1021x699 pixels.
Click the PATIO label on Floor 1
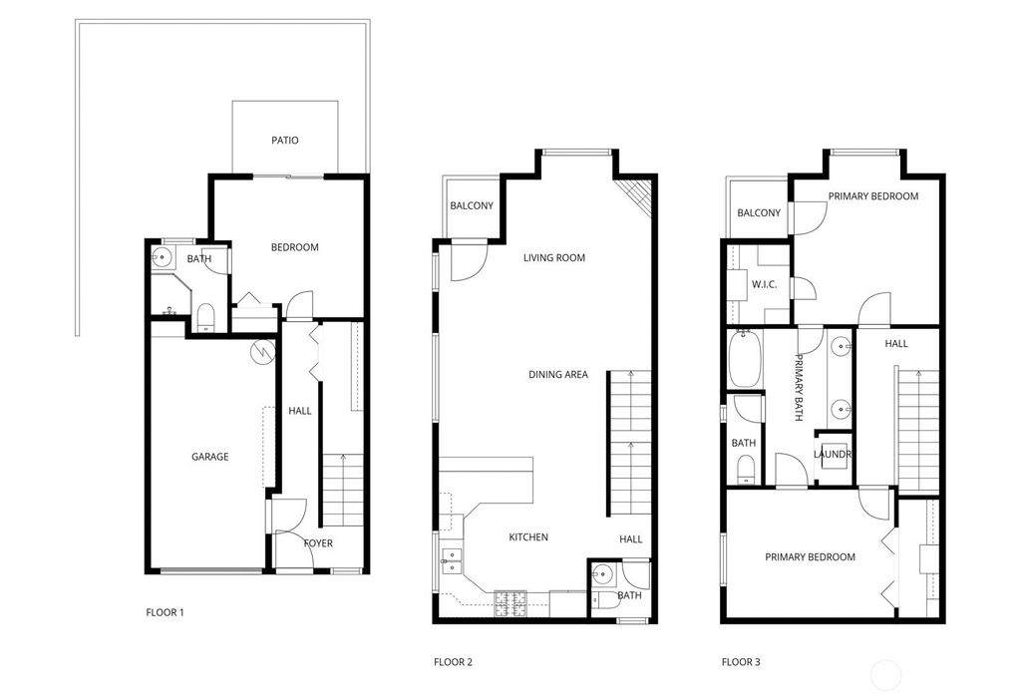click(x=284, y=140)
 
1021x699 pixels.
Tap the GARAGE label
click(x=209, y=457)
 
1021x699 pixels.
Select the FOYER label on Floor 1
click(x=318, y=543)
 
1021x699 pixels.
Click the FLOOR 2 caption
click(x=454, y=662)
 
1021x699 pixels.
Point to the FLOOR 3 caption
click(x=741, y=662)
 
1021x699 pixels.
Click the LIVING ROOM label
click(x=554, y=257)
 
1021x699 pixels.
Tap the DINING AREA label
click(x=558, y=375)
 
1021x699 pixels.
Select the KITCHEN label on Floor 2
click(x=528, y=536)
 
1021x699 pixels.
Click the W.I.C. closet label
click(x=764, y=284)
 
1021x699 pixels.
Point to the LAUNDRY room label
click(x=833, y=454)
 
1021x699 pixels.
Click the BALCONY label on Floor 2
click(x=472, y=205)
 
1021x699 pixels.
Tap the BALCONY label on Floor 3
click(x=759, y=213)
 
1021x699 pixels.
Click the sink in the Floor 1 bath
click(x=163, y=258)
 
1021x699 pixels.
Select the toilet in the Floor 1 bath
click(x=205, y=317)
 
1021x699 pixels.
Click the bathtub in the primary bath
click(x=745, y=358)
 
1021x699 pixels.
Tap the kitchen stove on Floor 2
click(x=510, y=603)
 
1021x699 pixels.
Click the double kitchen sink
click(x=452, y=560)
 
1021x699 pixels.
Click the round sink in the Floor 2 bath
click(x=603, y=574)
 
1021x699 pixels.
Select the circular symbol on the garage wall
click(x=262, y=352)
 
